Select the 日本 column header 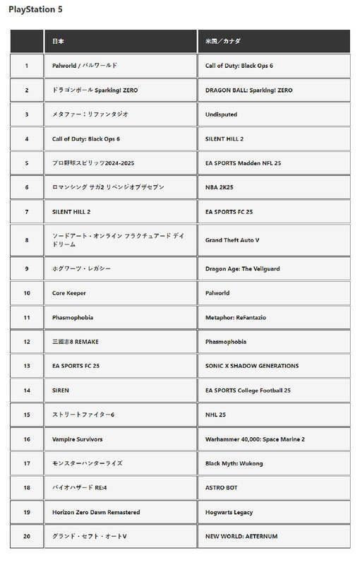59,42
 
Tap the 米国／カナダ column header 222,42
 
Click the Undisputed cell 221,114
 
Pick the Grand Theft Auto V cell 232,240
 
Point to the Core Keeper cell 69,293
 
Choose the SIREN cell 61,391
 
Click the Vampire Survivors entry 78,439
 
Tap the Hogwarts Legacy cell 229,512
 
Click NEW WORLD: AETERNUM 241,537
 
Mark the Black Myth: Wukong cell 234,463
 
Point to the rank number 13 27,366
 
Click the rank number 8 27,240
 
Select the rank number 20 27,537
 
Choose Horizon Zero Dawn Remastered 96,512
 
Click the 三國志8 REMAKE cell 76,342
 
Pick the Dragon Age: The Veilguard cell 242,268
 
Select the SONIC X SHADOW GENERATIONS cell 251,366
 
